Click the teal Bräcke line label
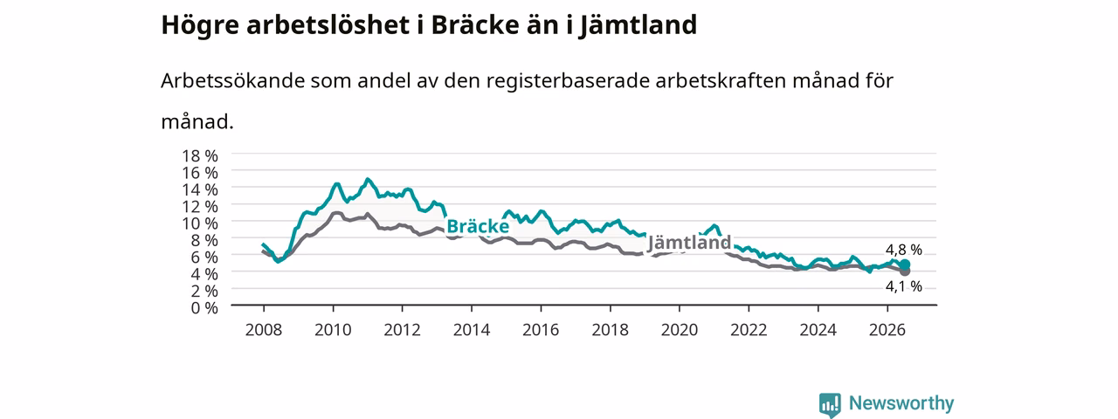click(x=478, y=226)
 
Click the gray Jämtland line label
click(x=689, y=243)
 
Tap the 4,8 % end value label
click(x=904, y=250)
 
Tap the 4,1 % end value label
click(x=904, y=286)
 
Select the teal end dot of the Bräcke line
click(x=905, y=264)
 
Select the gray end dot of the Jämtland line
click(x=905, y=271)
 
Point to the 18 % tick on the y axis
click(x=200, y=156)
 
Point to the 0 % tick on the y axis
click(x=204, y=308)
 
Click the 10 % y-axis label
click(x=200, y=223)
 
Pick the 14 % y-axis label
click(x=200, y=189)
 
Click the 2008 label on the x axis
click(x=264, y=330)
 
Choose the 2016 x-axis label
click(x=541, y=330)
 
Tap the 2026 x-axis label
click(x=887, y=330)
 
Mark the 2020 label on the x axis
click(x=680, y=330)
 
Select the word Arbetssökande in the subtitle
click(x=232, y=80)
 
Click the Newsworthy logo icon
click(x=830, y=404)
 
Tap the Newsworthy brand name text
click(x=901, y=403)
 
